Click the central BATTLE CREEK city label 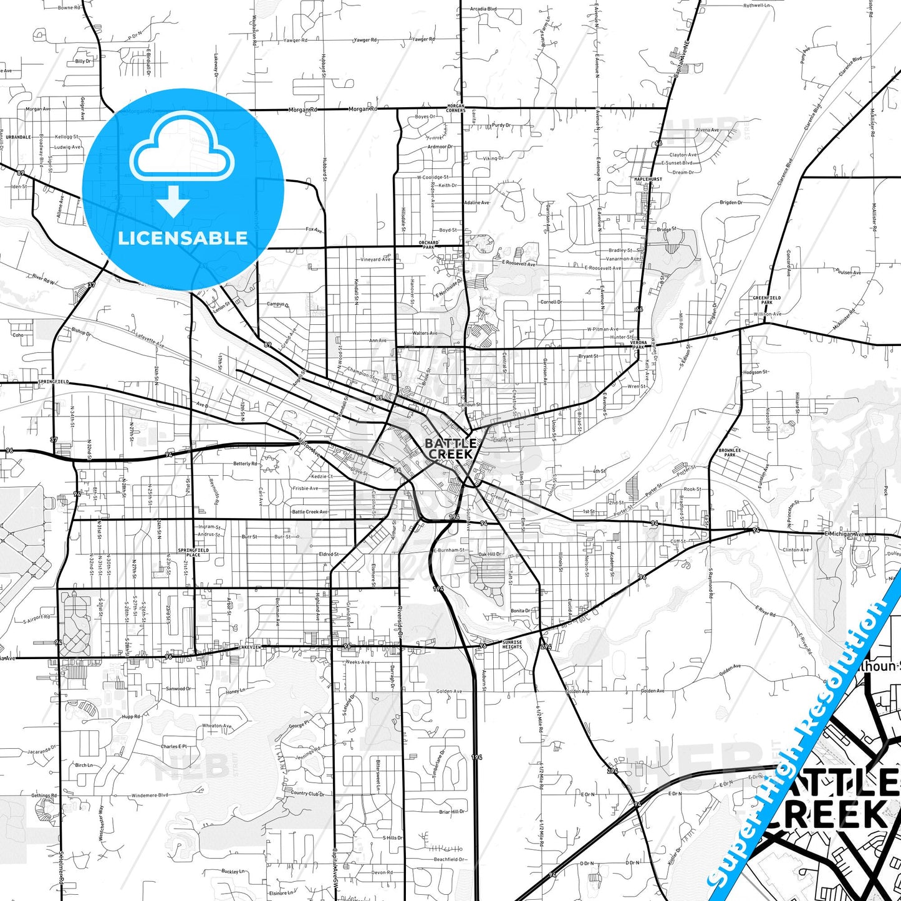click(x=450, y=449)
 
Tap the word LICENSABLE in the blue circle click(x=183, y=238)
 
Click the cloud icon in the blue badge click(x=182, y=148)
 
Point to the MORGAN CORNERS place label click(x=456, y=108)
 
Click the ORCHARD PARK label click(x=429, y=245)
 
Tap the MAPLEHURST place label click(x=648, y=179)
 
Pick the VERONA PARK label click(x=638, y=345)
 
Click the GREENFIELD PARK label click(x=766, y=300)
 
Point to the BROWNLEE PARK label click(x=730, y=452)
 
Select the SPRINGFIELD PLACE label click(x=193, y=552)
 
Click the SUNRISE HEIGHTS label click(x=512, y=644)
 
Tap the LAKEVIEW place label click(x=249, y=647)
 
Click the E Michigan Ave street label click(x=845, y=534)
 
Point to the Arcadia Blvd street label click(x=483, y=9)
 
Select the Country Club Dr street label click(x=308, y=794)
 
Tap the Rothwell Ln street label click(x=756, y=6)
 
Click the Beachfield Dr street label click(x=449, y=859)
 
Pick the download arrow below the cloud click(x=173, y=201)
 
